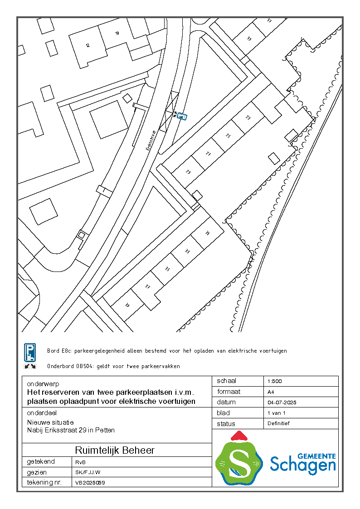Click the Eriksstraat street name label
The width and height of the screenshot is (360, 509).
click(x=151, y=141)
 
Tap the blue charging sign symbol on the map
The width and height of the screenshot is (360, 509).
click(x=182, y=116)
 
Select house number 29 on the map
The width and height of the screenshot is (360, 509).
click(x=188, y=172)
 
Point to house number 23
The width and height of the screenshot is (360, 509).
click(x=248, y=117)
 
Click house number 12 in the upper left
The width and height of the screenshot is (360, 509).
click(x=88, y=45)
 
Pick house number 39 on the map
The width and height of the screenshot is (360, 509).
click(x=127, y=305)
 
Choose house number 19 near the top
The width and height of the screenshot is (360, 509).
click(x=249, y=39)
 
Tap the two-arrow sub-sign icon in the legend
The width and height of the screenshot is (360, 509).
click(x=30, y=366)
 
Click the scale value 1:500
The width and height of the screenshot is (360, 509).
click(x=275, y=381)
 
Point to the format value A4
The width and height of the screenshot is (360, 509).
click(x=271, y=392)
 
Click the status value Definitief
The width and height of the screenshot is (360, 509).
click(x=278, y=423)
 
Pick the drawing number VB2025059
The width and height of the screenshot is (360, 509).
click(x=90, y=483)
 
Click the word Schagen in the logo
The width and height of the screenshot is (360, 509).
click(x=303, y=464)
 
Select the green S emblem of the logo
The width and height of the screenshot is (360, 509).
click(x=239, y=462)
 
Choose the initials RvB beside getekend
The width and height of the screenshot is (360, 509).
click(x=80, y=461)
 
